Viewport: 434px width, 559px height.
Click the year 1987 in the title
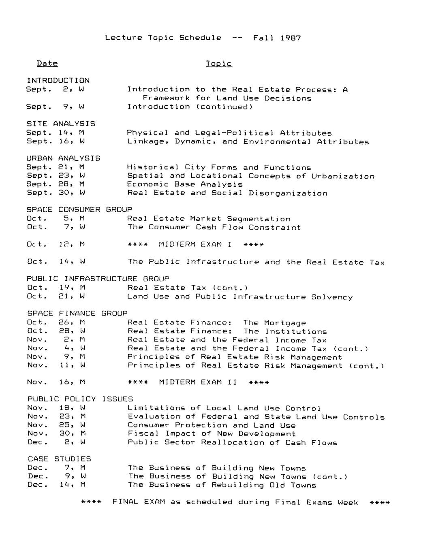point(291,38)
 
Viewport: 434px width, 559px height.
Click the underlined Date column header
point(47,63)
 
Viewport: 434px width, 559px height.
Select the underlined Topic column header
point(219,64)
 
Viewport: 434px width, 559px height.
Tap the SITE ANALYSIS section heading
point(61,124)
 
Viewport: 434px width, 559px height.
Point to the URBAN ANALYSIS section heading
point(63,158)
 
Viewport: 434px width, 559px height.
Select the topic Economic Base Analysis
point(185,184)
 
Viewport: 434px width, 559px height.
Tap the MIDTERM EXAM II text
point(198,382)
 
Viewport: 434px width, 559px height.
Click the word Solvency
point(332,297)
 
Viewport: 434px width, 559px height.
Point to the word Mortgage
point(285,323)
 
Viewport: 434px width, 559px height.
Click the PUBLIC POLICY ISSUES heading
point(80,399)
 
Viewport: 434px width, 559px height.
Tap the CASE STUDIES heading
point(60,459)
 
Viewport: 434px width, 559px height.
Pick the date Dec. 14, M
point(56,484)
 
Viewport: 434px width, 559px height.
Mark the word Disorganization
point(288,193)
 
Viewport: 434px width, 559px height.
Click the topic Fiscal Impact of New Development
point(212,433)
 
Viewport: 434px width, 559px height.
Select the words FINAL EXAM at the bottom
point(139,502)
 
